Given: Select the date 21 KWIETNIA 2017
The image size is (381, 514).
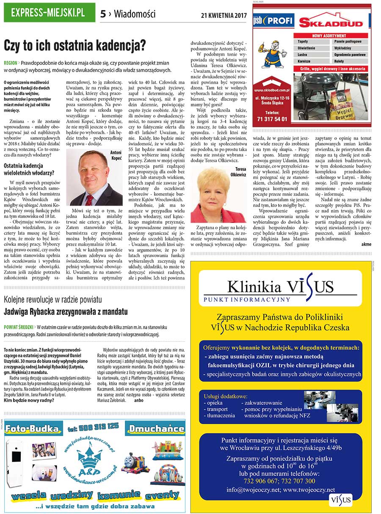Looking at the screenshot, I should click(x=223, y=15).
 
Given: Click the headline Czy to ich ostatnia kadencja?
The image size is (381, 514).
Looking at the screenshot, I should click(x=75, y=45).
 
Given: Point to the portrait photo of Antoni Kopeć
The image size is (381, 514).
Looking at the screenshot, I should click(x=94, y=177).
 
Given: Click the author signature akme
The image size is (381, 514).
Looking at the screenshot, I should click(x=366, y=244).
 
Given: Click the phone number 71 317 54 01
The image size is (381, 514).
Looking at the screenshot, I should click(x=272, y=119).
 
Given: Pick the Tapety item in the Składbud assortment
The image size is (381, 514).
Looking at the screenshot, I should click(x=303, y=42).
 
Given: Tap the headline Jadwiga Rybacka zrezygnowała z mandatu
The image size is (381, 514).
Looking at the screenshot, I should click(x=66, y=312).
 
